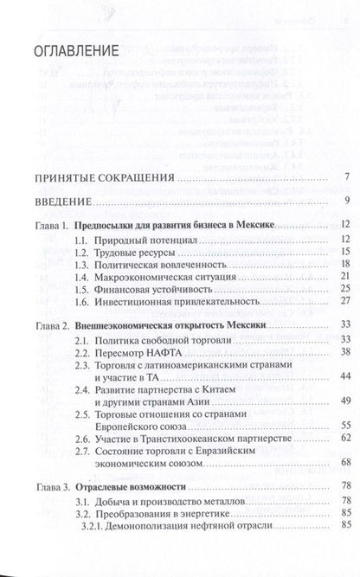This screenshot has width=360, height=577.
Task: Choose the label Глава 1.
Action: point(53,225)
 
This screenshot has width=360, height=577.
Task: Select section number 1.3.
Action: point(81,264)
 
